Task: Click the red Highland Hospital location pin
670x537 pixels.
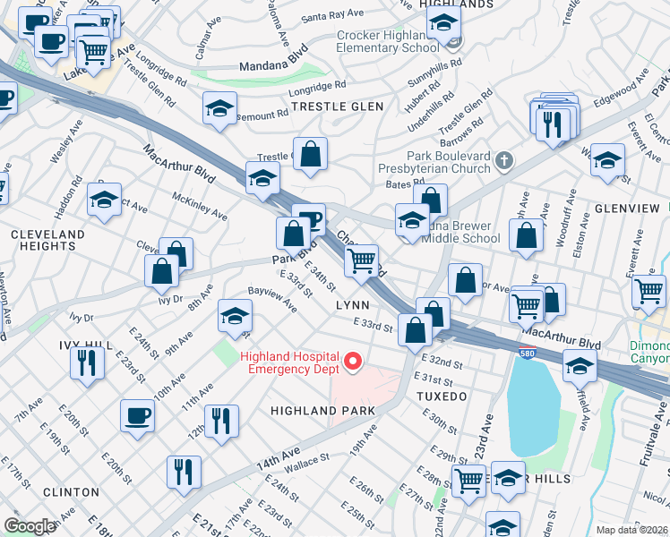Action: pyautogui.click(x=353, y=362)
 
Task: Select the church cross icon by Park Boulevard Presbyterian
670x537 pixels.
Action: pyautogui.click(x=505, y=161)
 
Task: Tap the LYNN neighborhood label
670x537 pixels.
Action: pyautogui.click(x=352, y=305)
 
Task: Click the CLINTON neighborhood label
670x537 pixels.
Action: pyautogui.click(x=71, y=492)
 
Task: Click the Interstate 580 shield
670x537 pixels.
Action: pyautogui.click(x=527, y=352)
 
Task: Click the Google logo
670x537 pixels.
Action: pyautogui.click(x=30, y=526)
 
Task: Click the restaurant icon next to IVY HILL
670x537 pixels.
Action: pyautogui.click(x=86, y=362)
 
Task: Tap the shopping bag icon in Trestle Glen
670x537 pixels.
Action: pyautogui.click(x=310, y=154)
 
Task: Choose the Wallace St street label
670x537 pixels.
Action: pyautogui.click(x=308, y=462)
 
